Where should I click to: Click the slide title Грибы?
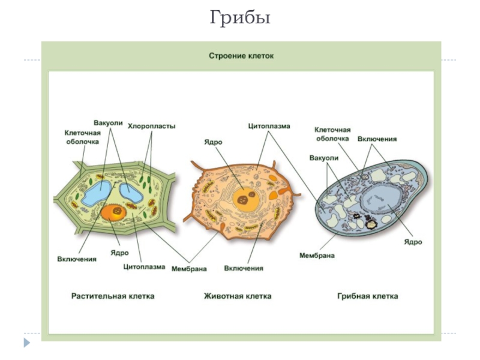point(240,18)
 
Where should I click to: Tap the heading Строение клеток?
point(241,56)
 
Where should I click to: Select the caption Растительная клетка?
point(113,296)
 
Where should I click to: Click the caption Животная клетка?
point(238,296)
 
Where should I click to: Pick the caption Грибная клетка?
point(368,296)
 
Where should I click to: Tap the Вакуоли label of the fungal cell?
point(324,158)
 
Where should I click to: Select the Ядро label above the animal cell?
point(214,142)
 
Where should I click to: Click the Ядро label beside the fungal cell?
point(413,242)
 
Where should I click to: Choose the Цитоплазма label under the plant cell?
point(144,266)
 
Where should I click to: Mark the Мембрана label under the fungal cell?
point(317,255)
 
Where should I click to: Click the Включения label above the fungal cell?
point(377,139)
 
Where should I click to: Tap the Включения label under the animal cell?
point(244,268)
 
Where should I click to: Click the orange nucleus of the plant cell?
point(114,212)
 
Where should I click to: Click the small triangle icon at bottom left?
point(26,343)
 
